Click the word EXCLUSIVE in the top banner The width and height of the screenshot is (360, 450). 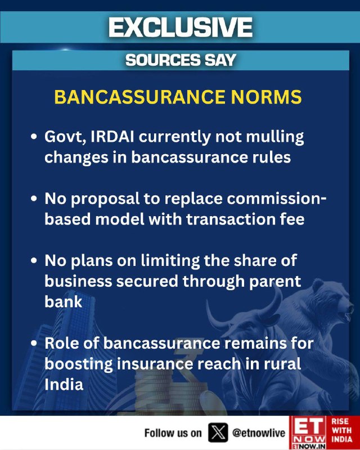click(181, 27)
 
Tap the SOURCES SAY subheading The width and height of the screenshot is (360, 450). click(181, 60)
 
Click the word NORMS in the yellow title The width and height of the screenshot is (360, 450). click(267, 97)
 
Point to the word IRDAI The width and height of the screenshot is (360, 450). click(112, 137)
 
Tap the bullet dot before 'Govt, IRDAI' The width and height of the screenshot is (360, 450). click(34, 137)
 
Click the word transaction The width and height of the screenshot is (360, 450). click(231, 219)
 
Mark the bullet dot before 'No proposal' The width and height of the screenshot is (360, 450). click(34, 199)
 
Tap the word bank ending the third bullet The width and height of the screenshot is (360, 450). click(64, 301)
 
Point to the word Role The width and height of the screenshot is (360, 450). click(64, 343)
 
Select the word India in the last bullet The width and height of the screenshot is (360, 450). click(64, 384)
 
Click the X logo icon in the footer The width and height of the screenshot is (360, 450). click(218, 433)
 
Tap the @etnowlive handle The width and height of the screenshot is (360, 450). click(259, 433)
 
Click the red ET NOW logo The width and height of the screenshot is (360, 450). click(308, 433)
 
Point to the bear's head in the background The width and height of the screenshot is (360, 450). click(335, 300)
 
